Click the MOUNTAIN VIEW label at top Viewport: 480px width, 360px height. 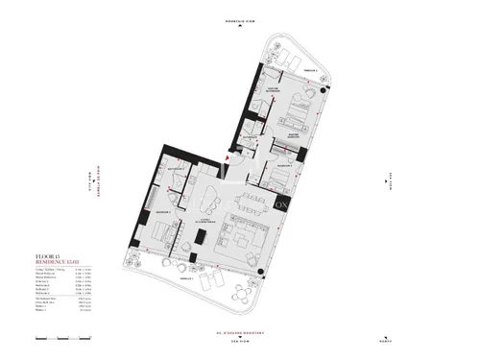[240, 20]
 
